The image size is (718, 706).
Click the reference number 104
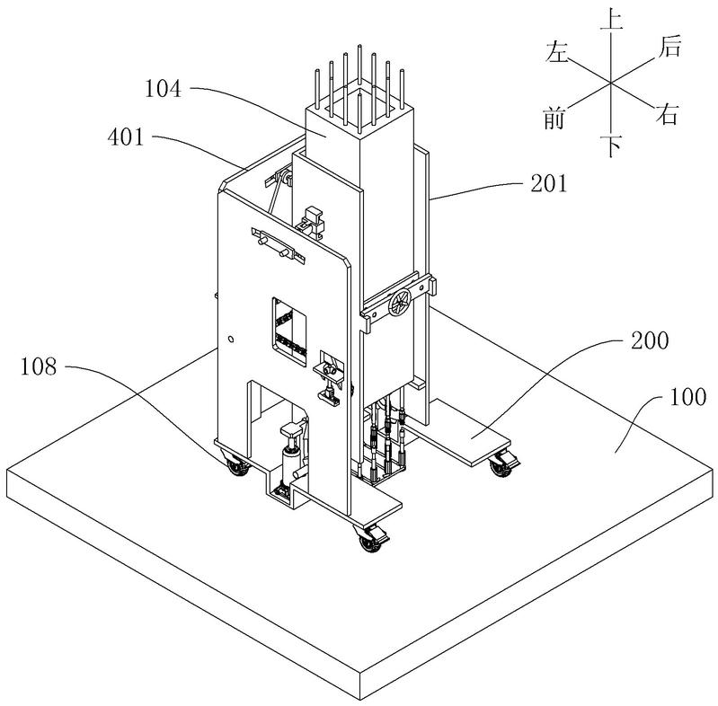click(164, 88)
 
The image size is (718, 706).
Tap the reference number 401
click(126, 137)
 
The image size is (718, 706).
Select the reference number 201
click(548, 183)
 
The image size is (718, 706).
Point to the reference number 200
click(650, 340)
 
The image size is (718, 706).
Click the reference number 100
click(687, 397)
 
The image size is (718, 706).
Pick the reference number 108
click(39, 366)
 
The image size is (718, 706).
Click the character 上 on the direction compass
click(611, 19)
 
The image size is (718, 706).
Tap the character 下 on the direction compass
click(611, 146)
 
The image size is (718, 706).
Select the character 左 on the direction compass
click(557, 51)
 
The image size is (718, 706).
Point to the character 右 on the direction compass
click(666, 114)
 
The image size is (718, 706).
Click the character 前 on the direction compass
click(554, 118)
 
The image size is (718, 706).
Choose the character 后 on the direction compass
click(669, 47)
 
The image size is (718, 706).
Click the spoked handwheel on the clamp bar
click(400, 303)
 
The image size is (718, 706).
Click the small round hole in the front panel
click(231, 340)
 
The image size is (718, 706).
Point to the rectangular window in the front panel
click(289, 331)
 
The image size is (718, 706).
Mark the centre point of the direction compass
click(611, 83)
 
